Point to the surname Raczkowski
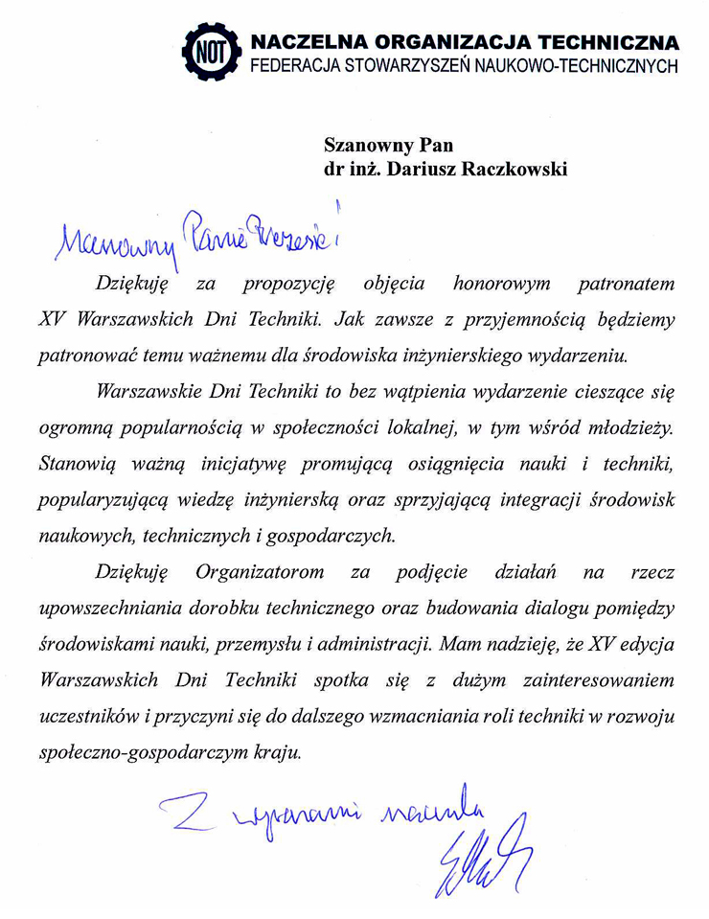point(515,170)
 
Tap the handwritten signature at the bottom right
point(479,853)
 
